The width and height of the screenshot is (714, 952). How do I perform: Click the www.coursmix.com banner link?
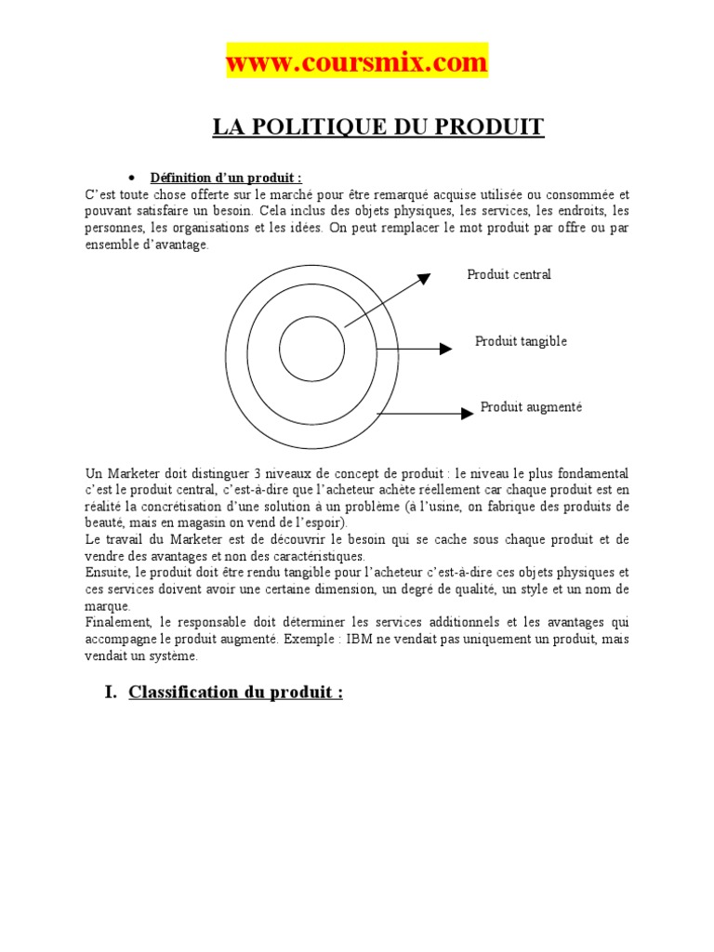[357, 62]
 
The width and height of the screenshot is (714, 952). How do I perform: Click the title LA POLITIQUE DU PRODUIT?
[377, 127]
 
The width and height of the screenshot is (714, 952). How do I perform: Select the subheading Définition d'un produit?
[227, 178]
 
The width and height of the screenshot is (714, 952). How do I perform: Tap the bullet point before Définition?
[132, 178]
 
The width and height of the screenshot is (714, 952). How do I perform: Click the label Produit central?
[509, 274]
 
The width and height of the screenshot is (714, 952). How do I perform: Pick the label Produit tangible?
[521, 341]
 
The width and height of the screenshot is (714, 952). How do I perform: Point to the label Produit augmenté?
[531, 407]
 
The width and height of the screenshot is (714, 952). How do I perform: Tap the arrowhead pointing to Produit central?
[423, 278]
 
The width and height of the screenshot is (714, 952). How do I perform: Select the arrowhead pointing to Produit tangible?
[445, 349]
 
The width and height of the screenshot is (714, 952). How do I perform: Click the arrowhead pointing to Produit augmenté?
[468, 413]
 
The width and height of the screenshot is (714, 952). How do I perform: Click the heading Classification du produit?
[236, 693]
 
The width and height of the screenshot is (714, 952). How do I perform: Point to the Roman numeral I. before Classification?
[111, 693]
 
